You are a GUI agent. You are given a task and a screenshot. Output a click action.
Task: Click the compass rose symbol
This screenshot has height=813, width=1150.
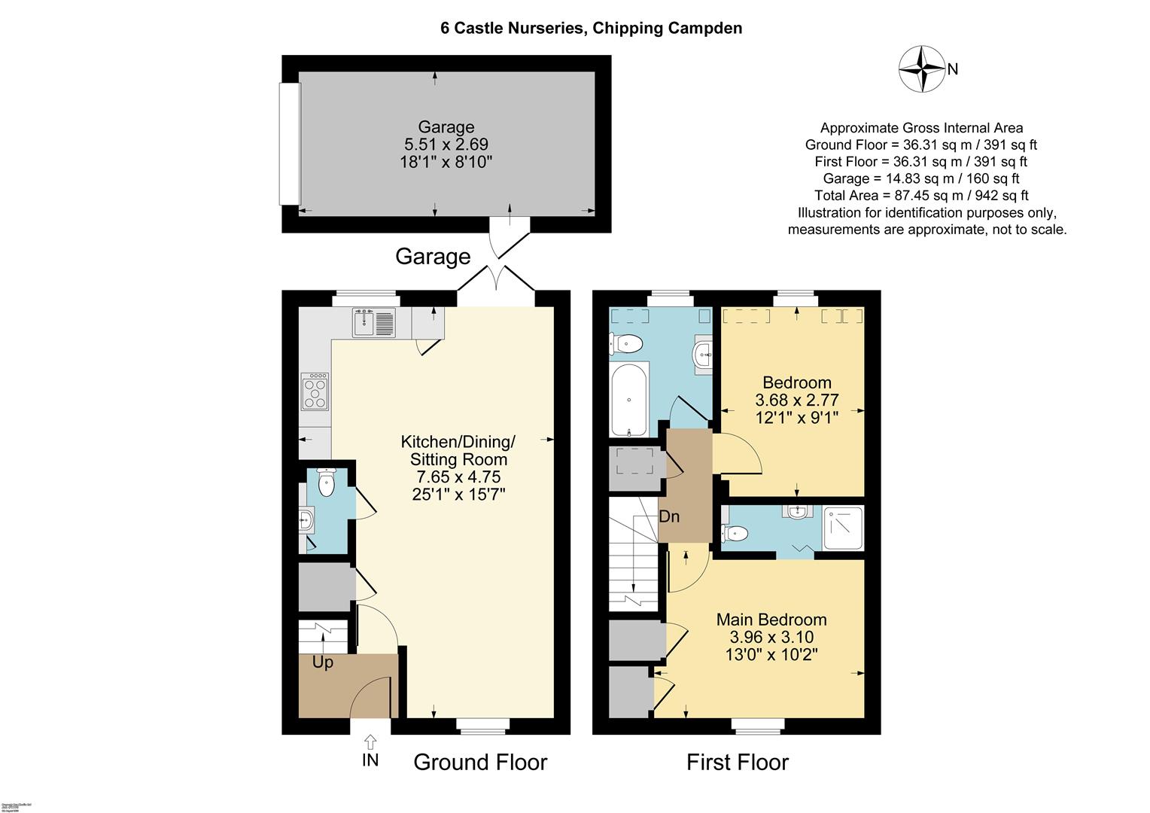(922, 69)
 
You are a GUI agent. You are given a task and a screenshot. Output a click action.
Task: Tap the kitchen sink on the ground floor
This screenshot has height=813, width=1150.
(374, 323)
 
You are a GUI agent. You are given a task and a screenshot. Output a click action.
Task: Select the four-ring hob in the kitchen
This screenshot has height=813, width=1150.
(315, 391)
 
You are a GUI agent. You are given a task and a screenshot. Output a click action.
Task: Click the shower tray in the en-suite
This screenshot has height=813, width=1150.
(843, 528)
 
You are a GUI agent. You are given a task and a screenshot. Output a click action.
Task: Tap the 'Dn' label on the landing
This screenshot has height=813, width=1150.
(669, 517)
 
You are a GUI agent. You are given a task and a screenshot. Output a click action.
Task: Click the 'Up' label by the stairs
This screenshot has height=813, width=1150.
(322, 663)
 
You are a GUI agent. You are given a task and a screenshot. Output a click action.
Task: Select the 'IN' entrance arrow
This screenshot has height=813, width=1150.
(370, 751)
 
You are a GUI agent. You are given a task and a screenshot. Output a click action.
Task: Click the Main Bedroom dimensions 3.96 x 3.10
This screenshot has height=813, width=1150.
(771, 638)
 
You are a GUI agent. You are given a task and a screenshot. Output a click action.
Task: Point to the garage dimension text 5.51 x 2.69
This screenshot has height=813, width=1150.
(446, 144)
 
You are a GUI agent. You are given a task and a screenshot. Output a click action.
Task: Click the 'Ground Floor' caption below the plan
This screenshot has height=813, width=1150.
(480, 763)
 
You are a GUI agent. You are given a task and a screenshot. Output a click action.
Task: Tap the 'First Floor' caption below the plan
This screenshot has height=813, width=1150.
(737, 763)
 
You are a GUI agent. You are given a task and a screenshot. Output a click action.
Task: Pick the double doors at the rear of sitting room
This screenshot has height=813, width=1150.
(496, 282)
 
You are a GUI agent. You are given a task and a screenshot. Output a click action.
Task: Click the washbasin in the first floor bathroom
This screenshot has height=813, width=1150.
(703, 352)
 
